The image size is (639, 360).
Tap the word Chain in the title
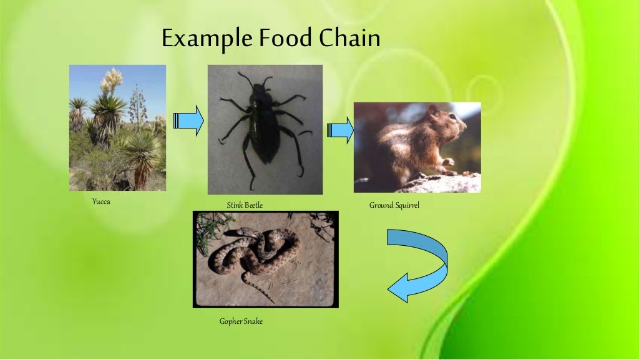(x=349, y=38)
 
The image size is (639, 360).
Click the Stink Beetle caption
(x=240, y=205)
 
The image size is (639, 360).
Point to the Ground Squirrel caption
(x=394, y=205)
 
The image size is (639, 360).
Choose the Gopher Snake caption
(x=241, y=321)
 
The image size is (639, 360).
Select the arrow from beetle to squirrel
(x=340, y=130)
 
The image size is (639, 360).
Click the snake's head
(x=231, y=233)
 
